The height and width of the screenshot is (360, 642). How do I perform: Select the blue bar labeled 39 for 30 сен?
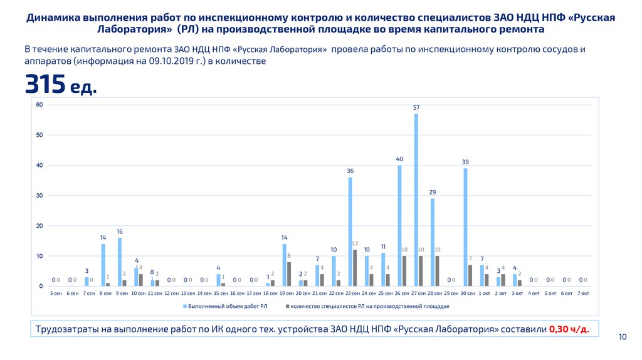[466, 227]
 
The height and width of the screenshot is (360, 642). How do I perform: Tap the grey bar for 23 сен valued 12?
[355, 268]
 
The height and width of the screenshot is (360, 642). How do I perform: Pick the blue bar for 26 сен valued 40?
[400, 225]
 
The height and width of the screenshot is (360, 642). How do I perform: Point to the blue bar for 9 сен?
[120, 262]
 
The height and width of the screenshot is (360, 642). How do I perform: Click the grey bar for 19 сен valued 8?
[289, 274]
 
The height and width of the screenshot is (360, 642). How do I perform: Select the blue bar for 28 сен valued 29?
[433, 242]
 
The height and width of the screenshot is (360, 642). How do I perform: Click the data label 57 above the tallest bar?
[416, 107]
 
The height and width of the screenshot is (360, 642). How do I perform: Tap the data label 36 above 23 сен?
[350, 171]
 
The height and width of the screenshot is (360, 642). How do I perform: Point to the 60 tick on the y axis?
[38, 105]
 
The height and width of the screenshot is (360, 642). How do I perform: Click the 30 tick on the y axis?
[38, 196]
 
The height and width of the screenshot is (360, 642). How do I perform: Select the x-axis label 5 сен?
[56, 294]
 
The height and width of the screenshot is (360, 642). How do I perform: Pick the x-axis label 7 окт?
[583, 294]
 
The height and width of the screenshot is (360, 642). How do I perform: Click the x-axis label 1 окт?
[484, 294]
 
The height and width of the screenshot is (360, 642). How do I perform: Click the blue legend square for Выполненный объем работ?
[185, 307]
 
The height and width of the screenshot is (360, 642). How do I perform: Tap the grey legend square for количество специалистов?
[287, 307]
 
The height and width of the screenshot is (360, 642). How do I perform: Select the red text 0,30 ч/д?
[569, 329]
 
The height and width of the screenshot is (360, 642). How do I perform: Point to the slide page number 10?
[623, 337]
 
